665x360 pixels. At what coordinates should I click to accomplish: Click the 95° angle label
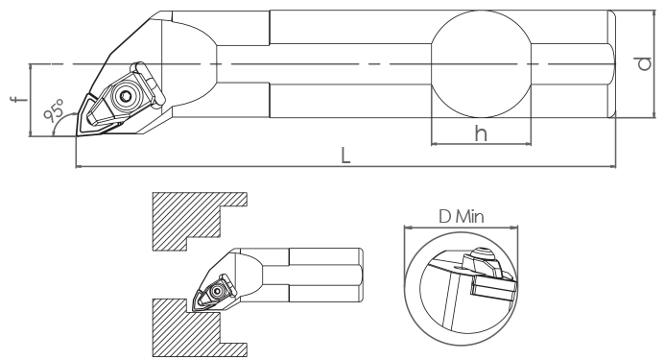pyautogui.click(x=54, y=110)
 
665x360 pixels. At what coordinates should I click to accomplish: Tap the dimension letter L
pyautogui.click(x=345, y=156)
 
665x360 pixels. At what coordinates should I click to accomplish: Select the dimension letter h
pyautogui.click(x=481, y=133)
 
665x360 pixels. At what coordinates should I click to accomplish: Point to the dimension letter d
pyautogui.click(x=644, y=63)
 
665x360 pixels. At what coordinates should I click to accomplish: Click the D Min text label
pyautogui.click(x=461, y=217)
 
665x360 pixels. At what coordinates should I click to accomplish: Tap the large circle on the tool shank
pyautogui.click(x=481, y=64)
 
